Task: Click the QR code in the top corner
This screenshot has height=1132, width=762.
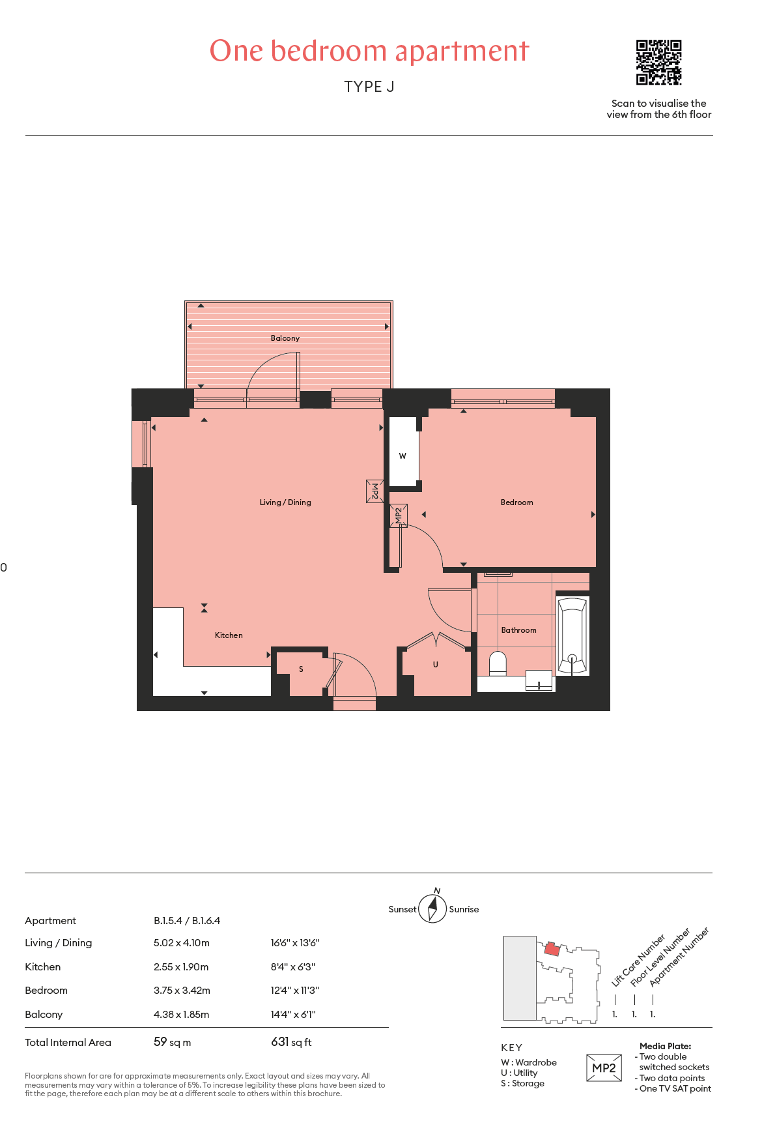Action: [x=658, y=63]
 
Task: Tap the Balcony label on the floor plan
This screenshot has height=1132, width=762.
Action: [x=285, y=338]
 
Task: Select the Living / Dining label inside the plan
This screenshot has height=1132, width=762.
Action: [x=285, y=502]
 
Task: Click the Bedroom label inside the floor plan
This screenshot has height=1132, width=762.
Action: [x=517, y=502]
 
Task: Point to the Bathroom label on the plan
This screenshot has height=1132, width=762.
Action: [x=519, y=630]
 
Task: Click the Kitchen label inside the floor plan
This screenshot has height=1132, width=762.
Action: [x=229, y=635]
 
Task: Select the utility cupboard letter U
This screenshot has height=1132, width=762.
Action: [x=436, y=665]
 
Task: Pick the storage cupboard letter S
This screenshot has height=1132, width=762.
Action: [x=301, y=669]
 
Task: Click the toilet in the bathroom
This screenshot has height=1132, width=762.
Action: [x=498, y=663]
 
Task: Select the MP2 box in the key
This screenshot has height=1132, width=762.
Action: [x=604, y=1068]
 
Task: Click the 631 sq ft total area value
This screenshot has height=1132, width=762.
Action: [x=291, y=1042]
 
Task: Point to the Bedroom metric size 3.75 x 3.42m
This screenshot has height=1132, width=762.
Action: [x=182, y=991]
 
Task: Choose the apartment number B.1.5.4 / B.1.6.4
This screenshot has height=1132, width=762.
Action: [x=187, y=921]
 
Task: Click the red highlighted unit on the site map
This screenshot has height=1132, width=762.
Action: [x=552, y=948]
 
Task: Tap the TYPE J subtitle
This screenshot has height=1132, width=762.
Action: [x=369, y=87]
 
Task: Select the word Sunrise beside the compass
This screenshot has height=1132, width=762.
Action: [x=464, y=909]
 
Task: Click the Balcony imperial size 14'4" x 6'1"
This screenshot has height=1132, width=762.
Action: [x=293, y=1015]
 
